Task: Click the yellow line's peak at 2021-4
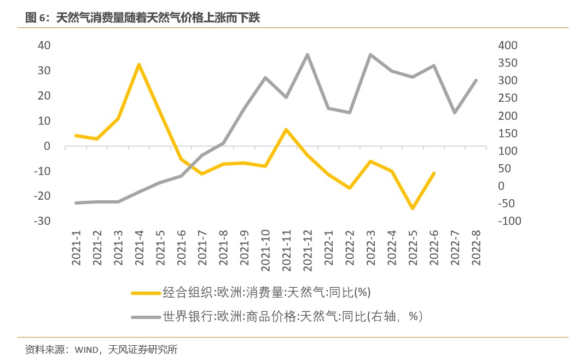[x=139, y=65]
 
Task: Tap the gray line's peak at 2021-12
[x=307, y=55]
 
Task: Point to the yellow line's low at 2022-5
[x=412, y=208]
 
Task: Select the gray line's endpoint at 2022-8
[x=476, y=80]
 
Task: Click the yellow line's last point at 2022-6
[x=433, y=173]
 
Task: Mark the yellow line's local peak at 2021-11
[x=286, y=130]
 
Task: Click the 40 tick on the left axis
[x=44, y=45]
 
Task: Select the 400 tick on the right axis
[x=507, y=45]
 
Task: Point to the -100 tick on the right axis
[x=509, y=221]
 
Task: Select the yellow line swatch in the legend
[x=146, y=293]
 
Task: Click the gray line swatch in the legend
[x=146, y=317]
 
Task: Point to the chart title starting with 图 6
[x=143, y=18]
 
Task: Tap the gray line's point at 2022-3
[x=370, y=55]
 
